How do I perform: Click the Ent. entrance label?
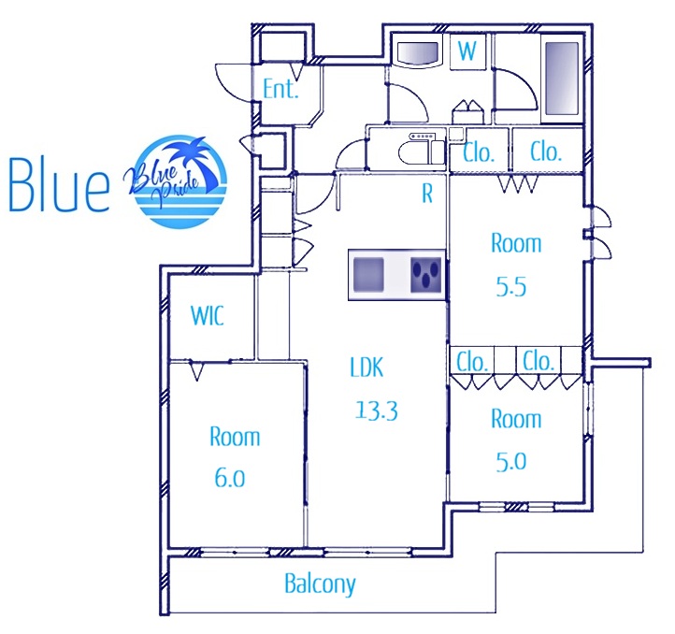(280, 89)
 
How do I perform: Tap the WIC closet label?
(207, 315)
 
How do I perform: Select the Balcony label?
(321, 584)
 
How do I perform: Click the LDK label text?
(366, 367)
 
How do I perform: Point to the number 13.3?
(377, 410)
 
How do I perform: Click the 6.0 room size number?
(230, 478)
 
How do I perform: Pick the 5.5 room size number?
(511, 286)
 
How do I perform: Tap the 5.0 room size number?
(511, 462)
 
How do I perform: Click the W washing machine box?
(467, 51)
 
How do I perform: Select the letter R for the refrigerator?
(427, 194)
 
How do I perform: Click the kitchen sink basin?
(368, 274)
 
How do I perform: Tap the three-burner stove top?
(426, 274)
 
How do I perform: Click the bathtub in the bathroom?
(562, 78)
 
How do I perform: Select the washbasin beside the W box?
(417, 53)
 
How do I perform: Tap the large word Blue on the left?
(59, 184)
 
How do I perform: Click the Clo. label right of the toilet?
(479, 152)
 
